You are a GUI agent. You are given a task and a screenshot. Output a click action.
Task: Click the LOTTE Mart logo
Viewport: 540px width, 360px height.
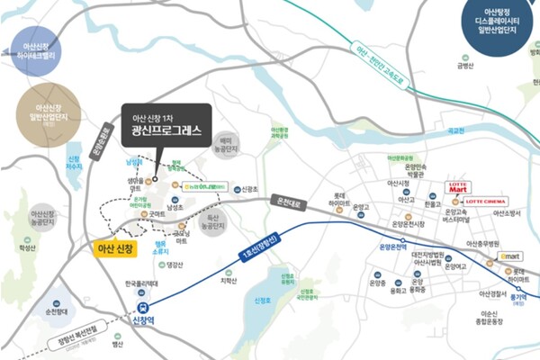pos(458,188)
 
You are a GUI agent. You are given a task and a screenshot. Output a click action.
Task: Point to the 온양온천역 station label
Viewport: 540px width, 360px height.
pos(393,247)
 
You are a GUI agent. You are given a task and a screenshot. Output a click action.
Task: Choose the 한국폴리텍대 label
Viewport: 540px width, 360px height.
pos(141,284)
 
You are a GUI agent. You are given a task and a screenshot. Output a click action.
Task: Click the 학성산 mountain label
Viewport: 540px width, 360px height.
pos(28,247)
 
